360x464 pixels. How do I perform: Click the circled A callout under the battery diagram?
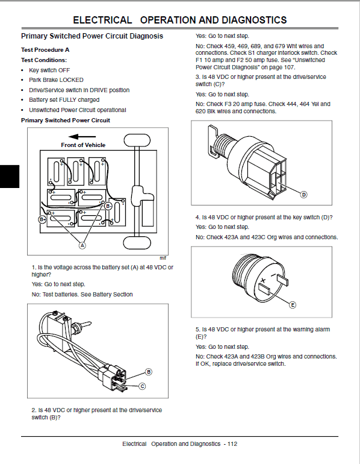pos(82,245)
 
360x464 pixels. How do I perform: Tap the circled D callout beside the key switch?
pos(303,195)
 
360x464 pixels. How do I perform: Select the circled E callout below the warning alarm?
pos(293,305)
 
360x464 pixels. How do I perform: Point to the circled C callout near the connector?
pos(142,386)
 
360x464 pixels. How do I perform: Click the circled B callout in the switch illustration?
pos(149,372)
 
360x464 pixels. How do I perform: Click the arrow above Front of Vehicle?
pos(82,137)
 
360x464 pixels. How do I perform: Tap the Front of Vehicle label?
pos(83,145)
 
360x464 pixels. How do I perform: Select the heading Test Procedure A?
pos(45,49)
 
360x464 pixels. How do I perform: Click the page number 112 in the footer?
pos(232,444)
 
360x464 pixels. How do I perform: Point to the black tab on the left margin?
pos(10,177)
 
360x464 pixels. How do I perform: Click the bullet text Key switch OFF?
pos(49,70)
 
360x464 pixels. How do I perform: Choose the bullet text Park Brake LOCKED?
pos(56,80)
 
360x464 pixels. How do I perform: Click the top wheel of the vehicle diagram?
pos(137,140)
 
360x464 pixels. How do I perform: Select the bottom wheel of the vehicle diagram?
pos(137,243)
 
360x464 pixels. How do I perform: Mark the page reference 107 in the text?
pos(290,67)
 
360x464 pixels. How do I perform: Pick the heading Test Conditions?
pos(44,60)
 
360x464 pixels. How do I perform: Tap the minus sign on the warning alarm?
pos(273,276)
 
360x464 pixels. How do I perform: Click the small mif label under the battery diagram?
pos(163,258)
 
